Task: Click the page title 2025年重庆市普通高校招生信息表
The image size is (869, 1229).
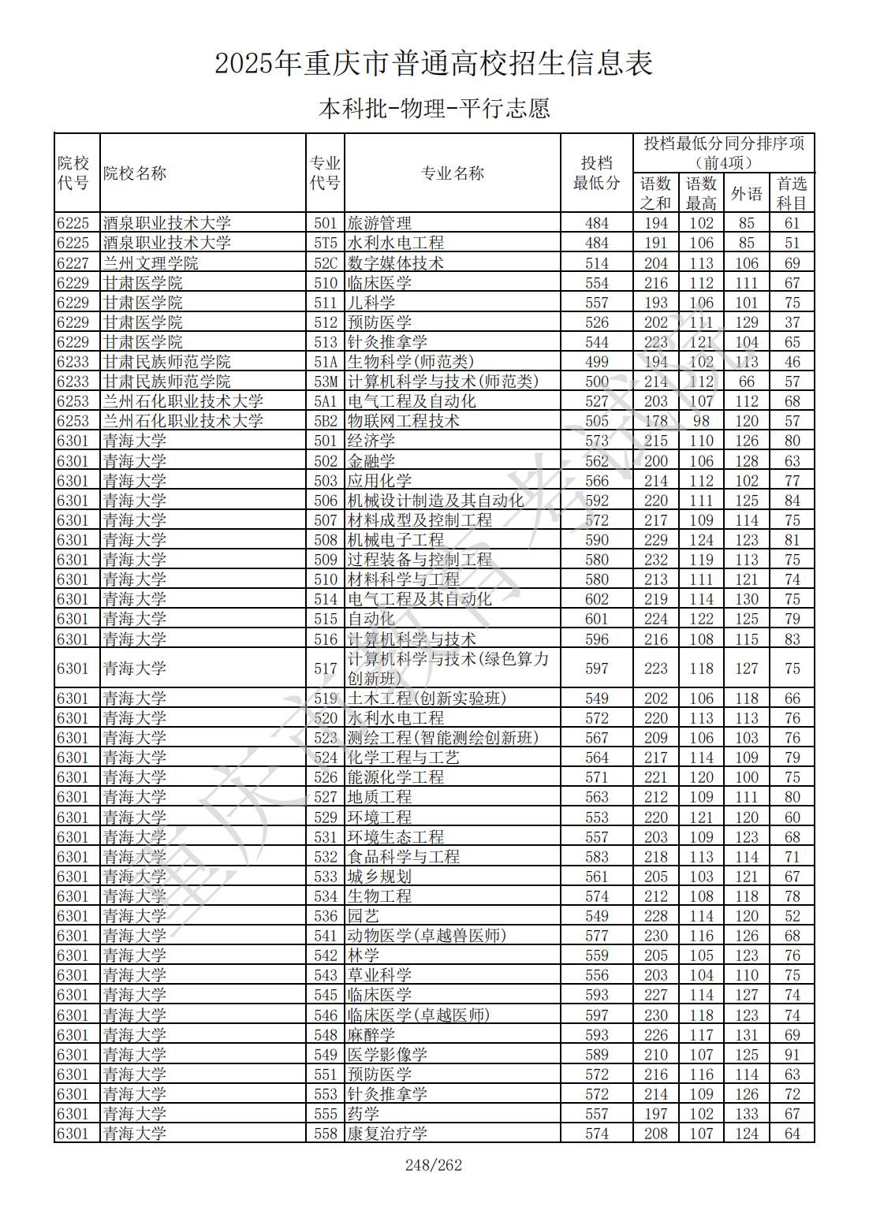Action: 434,64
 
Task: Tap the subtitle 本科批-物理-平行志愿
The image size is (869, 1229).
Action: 434,108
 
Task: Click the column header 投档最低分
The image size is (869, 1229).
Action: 596,173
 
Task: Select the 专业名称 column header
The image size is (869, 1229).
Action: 452,173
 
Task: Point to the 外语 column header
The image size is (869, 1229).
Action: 746,193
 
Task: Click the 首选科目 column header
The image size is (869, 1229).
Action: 792,193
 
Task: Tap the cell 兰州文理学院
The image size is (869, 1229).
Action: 151,263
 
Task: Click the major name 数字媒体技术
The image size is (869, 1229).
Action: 396,263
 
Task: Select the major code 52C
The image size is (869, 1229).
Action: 325,263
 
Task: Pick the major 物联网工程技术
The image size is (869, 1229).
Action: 404,421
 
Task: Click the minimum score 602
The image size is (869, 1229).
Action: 596,599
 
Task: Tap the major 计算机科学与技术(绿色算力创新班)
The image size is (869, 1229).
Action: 447,669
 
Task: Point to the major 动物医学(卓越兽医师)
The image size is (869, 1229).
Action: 427,936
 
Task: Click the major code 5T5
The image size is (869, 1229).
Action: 325,243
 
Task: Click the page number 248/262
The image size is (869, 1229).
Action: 433,1164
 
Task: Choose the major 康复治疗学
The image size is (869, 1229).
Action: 387,1134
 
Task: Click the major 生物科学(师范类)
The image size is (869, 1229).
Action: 411,362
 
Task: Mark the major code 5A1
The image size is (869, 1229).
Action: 325,401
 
